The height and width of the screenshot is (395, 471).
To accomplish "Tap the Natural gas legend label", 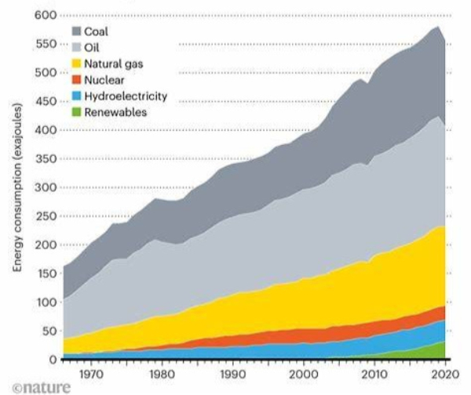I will (x=114, y=63).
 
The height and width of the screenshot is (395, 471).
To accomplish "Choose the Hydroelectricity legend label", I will (x=126, y=96).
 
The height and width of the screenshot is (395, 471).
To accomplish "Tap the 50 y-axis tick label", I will (x=49, y=331).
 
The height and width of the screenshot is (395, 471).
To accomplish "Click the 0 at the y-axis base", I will (x=53, y=360).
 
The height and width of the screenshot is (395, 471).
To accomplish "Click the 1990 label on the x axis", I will (x=232, y=375).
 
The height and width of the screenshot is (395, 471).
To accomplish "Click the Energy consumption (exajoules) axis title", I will (x=16, y=187).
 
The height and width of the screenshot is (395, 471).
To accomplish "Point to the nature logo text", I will (x=41, y=387).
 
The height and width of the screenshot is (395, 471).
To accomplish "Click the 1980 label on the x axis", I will (x=161, y=375).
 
